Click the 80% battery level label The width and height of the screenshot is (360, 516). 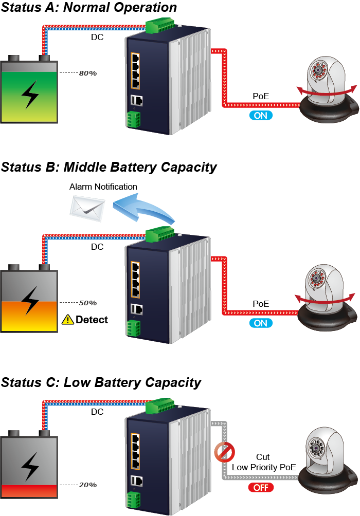pyautogui.click(x=88, y=73)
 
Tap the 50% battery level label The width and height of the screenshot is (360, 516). pyautogui.click(x=88, y=303)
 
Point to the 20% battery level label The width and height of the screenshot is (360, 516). pyautogui.click(x=88, y=485)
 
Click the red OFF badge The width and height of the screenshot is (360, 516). pyautogui.click(x=261, y=488)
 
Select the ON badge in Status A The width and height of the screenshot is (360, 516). pyautogui.click(x=261, y=116)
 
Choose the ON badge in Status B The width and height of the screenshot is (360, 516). pyautogui.click(x=261, y=323)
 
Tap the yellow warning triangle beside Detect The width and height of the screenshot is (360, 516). pyautogui.click(x=67, y=320)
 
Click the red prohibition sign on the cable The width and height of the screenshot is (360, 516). pyautogui.click(x=224, y=453)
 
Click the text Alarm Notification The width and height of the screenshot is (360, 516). pyautogui.click(x=103, y=187)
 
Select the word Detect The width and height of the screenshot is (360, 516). pyautogui.click(x=92, y=320)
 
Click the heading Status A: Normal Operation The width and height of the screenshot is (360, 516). pyautogui.click(x=88, y=8)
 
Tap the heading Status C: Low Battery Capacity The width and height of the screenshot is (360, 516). pyautogui.click(x=101, y=383)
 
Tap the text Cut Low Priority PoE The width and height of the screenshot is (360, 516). pyautogui.click(x=263, y=462)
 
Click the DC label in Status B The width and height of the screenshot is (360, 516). pyautogui.click(x=97, y=247)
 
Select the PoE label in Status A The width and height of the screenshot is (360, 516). pyautogui.click(x=261, y=96)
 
